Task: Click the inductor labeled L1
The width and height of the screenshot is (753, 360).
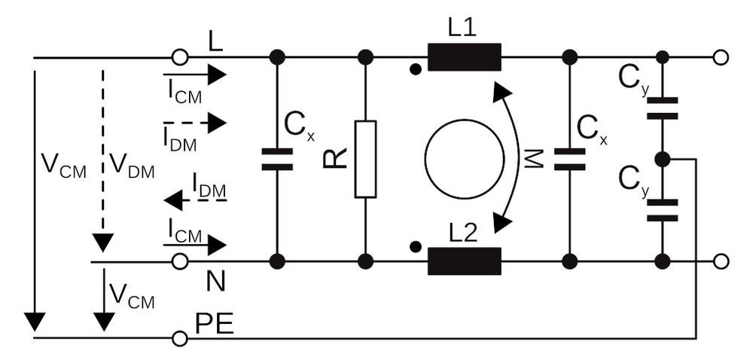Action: pyautogui.click(x=464, y=57)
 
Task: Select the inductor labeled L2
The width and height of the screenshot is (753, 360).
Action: pyautogui.click(x=464, y=261)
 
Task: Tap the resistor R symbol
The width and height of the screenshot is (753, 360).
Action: pyautogui.click(x=365, y=159)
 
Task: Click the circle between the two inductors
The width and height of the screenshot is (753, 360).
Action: pyautogui.click(x=464, y=159)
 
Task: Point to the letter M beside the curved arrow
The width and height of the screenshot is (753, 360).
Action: pyautogui.click(x=532, y=159)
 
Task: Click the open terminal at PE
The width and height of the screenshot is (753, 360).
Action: pyautogui.click(x=179, y=338)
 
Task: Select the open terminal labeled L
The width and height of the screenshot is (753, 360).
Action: pyautogui.click(x=179, y=57)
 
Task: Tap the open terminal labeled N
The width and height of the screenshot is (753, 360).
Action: pyautogui.click(x=179, y=261)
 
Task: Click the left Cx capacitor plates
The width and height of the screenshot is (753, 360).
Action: pyautogui.click(x=277, y=159)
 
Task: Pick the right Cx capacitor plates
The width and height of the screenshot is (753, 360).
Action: pyautogui.click(x=569, y=159)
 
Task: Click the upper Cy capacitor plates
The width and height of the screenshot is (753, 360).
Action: pyautogui.click(x=662, y=108)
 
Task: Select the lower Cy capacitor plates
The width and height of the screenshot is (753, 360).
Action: pyautogui.click(x=662, y=210)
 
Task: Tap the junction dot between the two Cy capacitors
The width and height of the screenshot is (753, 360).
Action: pyautogui.click(x=662, y=159)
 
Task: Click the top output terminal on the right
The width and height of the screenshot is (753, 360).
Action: pyautogui.click(x=721, y=57)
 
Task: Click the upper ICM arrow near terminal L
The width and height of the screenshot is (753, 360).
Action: pyautogui.click(x=194, y=75)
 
